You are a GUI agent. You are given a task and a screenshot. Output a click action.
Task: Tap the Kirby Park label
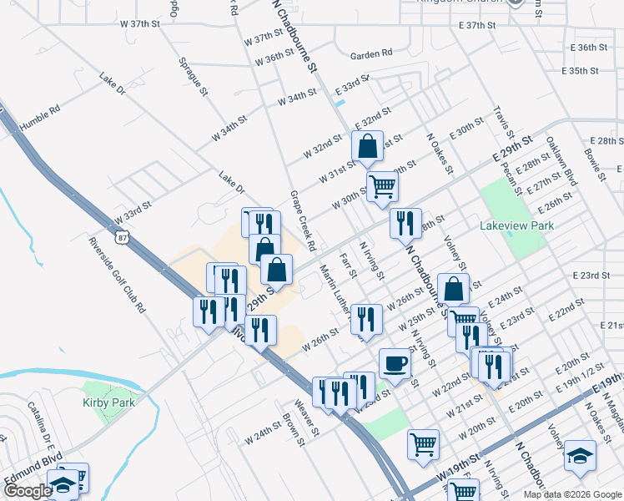pos(108,402)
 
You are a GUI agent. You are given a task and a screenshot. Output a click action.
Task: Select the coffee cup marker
pos(395,364)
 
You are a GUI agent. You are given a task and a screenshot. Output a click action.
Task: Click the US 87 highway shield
pos(123,238)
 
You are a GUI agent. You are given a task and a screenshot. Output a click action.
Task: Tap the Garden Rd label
pos(371,54)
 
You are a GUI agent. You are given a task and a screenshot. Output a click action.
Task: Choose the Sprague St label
pos(192,76)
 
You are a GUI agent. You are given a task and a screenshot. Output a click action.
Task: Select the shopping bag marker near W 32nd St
pos(367,147)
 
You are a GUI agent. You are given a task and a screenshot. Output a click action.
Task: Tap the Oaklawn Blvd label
pos(562,161)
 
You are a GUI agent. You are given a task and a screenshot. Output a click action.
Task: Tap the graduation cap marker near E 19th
pos(580,456)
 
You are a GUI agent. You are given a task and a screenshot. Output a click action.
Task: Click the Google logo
pos(28,492)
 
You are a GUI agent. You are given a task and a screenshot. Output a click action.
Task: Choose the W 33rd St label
pos(133,212)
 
